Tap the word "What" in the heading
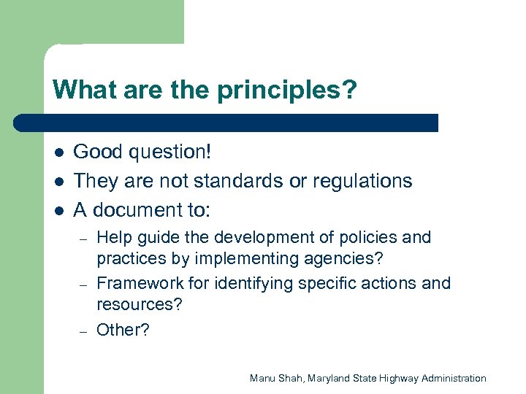pos(77,90)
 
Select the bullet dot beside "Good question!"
pos(58,152)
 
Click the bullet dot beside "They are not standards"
pos(58,181)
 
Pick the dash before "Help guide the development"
pos(84,239)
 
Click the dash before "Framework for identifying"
pos(84,285)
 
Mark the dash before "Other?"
pos(84,331)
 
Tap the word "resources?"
pos(140,304)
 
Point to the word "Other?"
pos(123,330)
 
